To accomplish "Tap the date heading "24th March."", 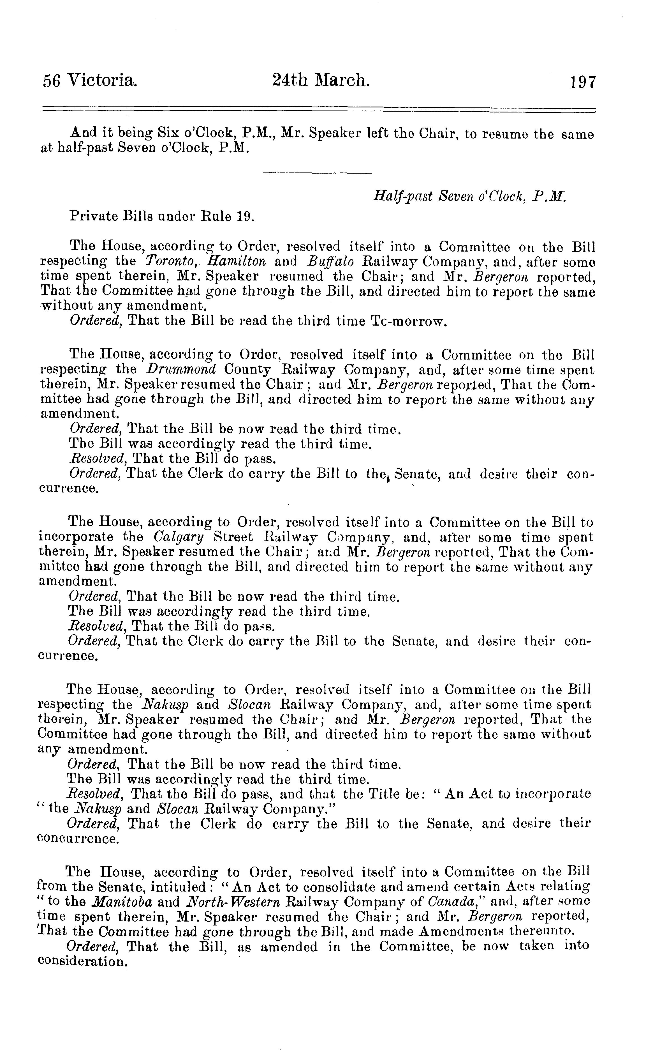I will point(321,80).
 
